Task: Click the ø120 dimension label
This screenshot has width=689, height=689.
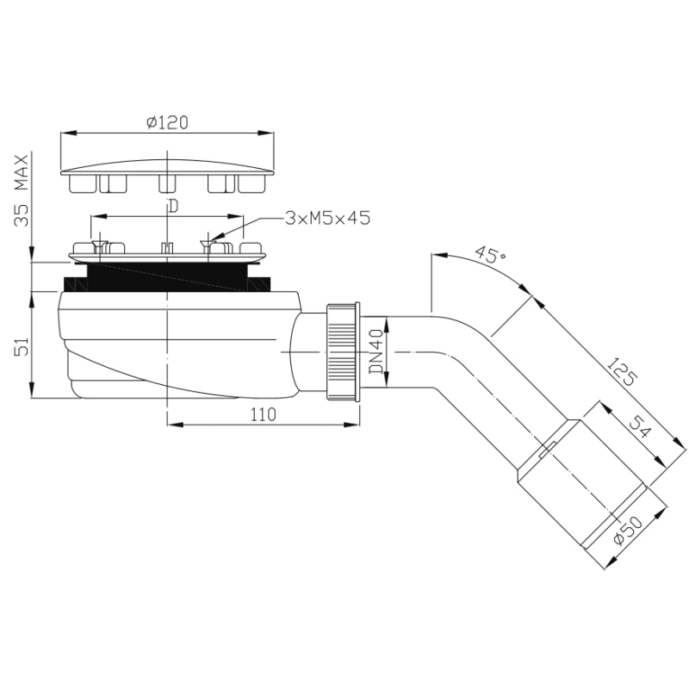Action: [x=167, y=122]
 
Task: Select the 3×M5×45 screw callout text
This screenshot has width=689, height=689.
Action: [x=327, y=218]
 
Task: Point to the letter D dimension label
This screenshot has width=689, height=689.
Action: [x=174, y=206]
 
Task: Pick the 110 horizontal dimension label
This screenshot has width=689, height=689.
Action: [x=264, y=414]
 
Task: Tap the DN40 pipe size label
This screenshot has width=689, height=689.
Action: [x=376, y=351]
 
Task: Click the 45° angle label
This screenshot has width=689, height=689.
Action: [x=489, y=254]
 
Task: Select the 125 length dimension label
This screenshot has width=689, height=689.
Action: [x=621, y=372]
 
